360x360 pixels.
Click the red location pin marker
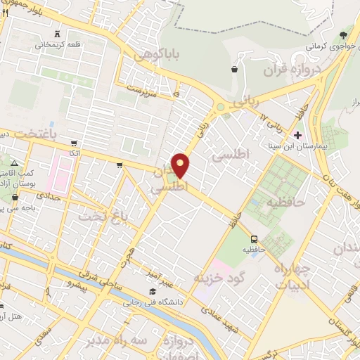(x=181, y=165)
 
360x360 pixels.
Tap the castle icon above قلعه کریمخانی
(x=58, y=34)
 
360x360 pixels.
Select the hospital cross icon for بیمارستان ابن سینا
(x=298, y=135)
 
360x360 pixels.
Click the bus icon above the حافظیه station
(x=254, y=238)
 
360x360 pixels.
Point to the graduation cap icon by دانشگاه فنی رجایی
(x=153, y=291)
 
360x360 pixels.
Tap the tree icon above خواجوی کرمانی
(x=343, y=34)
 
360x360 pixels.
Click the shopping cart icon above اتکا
(x=120, y=166)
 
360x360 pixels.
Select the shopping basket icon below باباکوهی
(x=234, y=69)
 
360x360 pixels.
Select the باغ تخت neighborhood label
(x=122, y=217)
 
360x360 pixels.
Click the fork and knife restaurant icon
(x=6, y=13)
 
